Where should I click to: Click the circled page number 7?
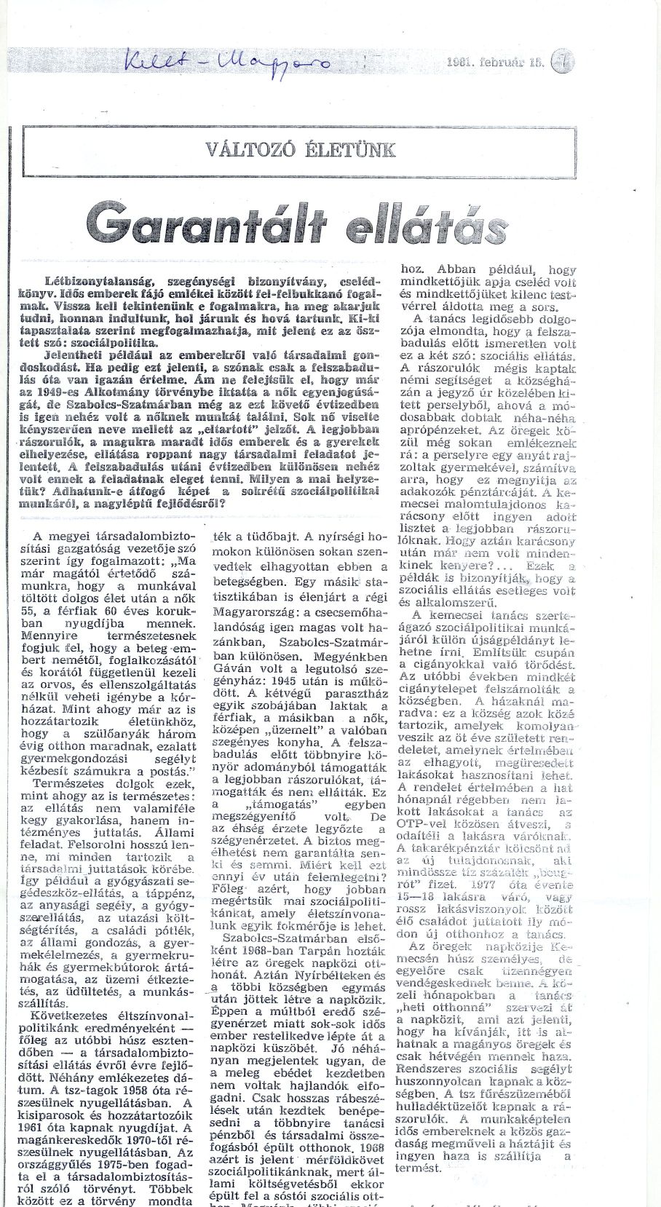(x=563, y=64)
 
